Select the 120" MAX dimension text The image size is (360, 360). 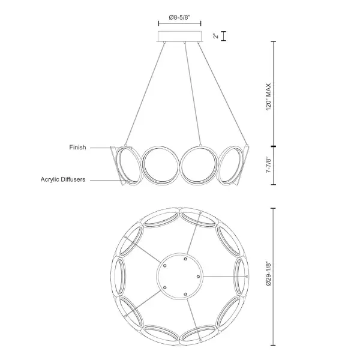(x=271, y=95)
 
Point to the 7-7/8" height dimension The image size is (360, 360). (x=271, y=166)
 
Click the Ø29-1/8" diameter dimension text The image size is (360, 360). (x=271, y=275)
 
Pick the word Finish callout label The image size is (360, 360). (x=79, y=146)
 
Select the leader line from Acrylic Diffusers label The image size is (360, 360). (x=111, y=179)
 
